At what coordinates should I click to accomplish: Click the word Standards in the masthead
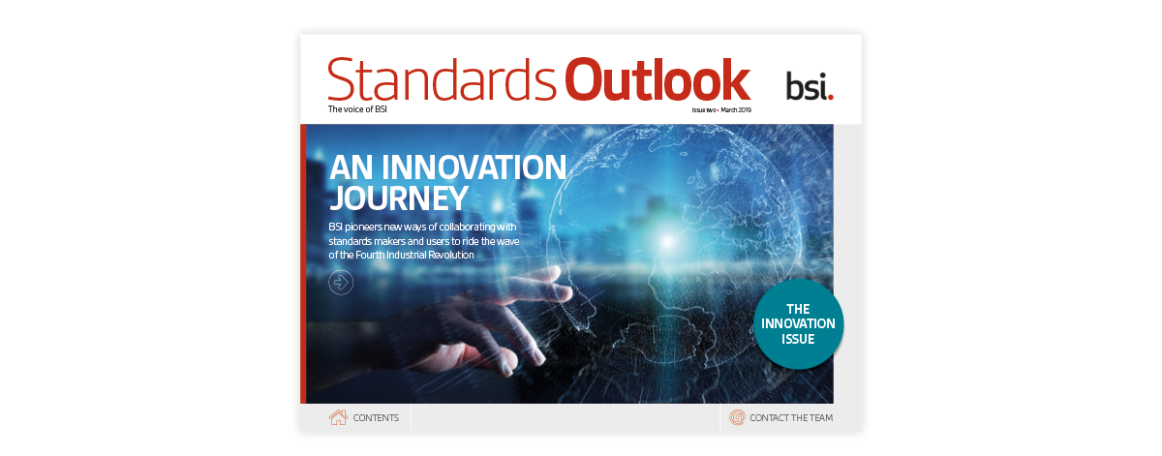443,80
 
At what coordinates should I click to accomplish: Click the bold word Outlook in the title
657,80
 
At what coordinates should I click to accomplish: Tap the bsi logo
809,86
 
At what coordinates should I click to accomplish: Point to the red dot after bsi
831,96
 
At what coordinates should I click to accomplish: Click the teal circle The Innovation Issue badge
799,324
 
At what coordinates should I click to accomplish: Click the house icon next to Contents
338,417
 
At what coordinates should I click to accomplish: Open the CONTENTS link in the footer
376,418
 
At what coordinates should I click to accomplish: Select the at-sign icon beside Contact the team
737,417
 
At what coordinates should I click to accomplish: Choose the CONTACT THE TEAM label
791,418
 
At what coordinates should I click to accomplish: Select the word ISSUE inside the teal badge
799,340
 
